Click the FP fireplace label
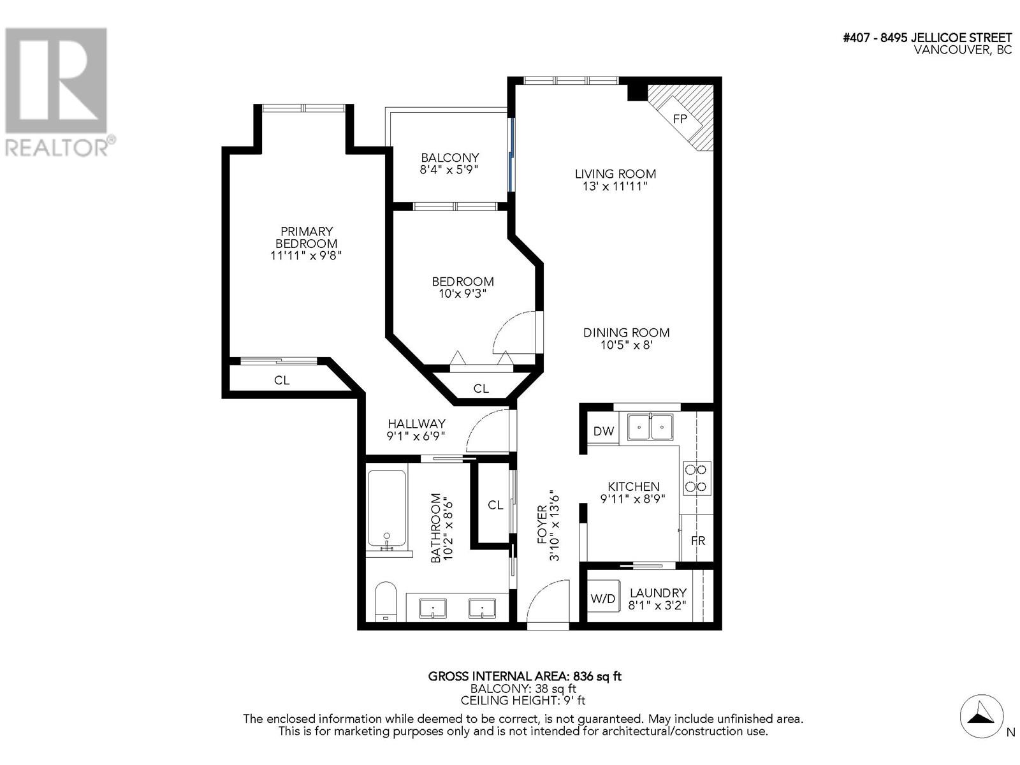680,119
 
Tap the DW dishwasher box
603,431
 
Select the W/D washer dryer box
602,599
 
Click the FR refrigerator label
698,541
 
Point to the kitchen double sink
650,426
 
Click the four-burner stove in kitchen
696,478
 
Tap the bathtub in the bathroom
386,509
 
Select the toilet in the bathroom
385,601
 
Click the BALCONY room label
449,157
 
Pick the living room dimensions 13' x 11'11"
615,187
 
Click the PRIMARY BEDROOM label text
307,237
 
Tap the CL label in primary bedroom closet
282,381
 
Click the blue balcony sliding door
511,153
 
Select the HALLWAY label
416,424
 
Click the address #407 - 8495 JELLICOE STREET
927,38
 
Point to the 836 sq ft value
597,676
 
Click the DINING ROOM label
626,333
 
